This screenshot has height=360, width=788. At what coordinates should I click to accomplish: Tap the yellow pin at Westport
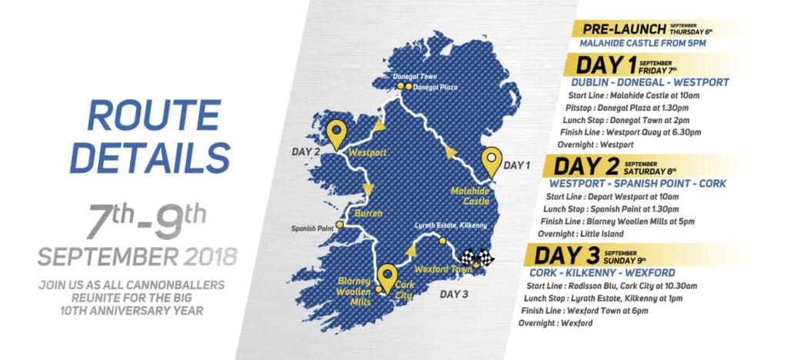click(x=336, y=133)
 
